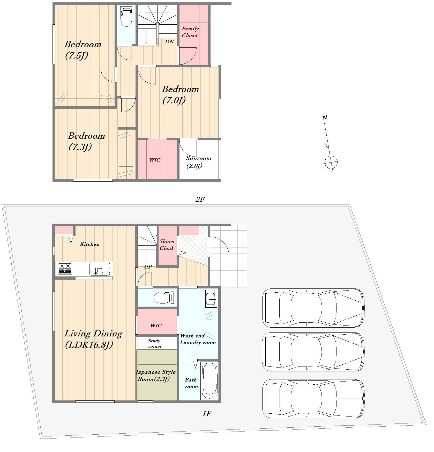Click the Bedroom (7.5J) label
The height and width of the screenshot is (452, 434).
(x=83, y=50)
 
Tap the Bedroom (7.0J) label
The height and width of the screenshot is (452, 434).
(x=181, y=95)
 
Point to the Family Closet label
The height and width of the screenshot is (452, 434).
(x=190, y=32)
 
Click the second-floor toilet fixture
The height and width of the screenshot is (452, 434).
(x=126, y=16)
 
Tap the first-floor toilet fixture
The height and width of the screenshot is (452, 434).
(x=164, y=298)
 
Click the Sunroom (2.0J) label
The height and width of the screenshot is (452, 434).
(x=198, y=162)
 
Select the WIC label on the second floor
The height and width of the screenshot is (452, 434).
(x=155, y=160)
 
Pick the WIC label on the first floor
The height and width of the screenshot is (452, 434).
(x=156, y=326)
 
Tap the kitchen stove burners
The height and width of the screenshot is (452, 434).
(x=65, y=269)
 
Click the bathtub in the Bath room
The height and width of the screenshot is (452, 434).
(x=209, y=381)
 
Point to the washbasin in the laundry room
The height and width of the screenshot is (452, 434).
(x=211, y=298)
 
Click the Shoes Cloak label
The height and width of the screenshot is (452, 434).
(x=167, y=245)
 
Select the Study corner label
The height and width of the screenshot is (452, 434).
(x=155, y=343)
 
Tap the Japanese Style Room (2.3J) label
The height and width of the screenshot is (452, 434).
(x=156, y=376)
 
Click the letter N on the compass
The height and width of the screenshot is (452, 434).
(x=325, y=117)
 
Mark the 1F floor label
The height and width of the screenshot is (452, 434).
(x=207, y=414)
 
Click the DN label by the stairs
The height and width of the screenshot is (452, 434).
(x=169, y=41)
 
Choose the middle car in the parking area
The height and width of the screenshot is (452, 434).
(x=313, y=352)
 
